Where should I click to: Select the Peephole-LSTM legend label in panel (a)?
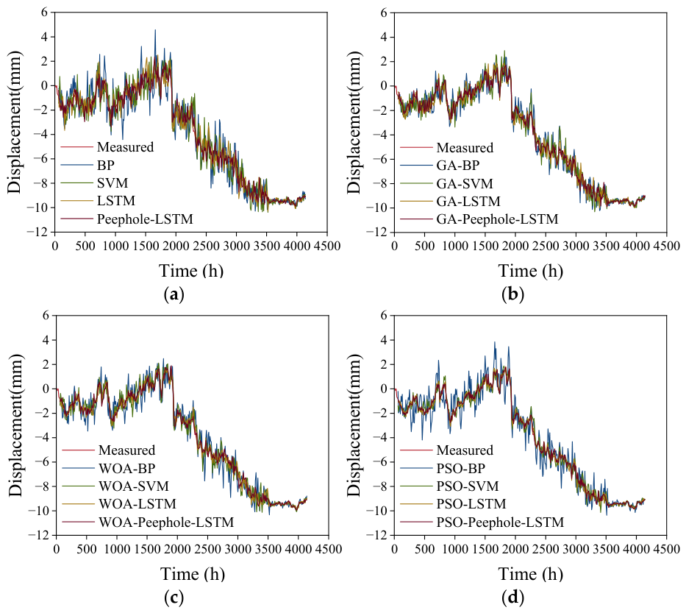[145, 219]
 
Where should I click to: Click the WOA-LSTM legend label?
[137, 503]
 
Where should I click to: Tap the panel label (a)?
[174, 294]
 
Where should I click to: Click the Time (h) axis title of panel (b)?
[531, 271]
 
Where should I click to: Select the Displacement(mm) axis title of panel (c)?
[15, 425]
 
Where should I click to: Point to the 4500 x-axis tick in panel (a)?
[326, 246]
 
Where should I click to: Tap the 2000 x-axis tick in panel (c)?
[177, 549]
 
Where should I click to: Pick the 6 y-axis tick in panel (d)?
[385, 315]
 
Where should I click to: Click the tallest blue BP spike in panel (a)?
[155, 30]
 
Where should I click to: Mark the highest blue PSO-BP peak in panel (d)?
[495, 342]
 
